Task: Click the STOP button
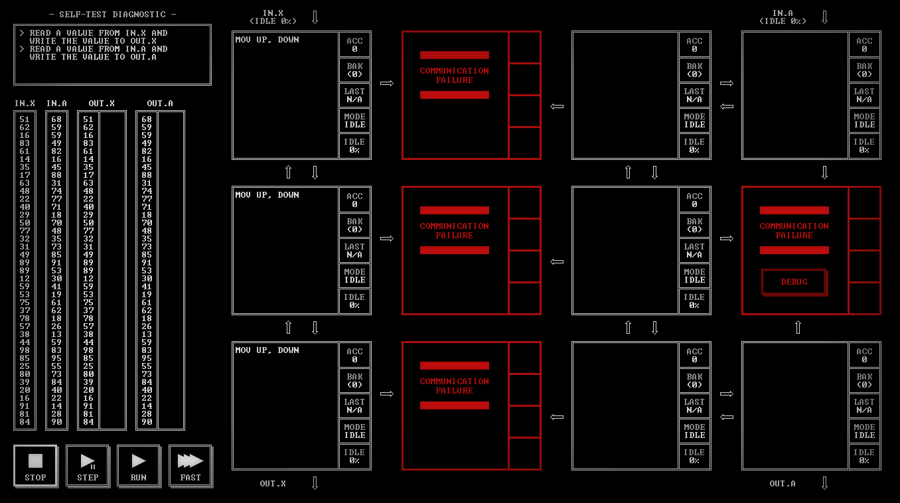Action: [x=35, y=465]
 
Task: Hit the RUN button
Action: [x=139, y=465]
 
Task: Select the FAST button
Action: [x=190, y=465]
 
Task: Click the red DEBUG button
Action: [x=794, y=282]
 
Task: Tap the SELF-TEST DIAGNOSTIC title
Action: [x=113, y=14]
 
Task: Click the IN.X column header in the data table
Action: [x=25, y=104]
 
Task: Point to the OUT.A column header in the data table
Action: [x=160, y=104]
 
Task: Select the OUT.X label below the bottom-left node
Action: [x=273, y=484]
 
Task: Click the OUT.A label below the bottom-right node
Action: [x=783, y=484]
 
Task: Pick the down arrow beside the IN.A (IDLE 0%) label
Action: [x=825, y=17]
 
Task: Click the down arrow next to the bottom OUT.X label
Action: [x=315, y=483]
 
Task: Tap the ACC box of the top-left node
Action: [x=355, y=44]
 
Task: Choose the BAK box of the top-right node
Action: [x=864, y=70]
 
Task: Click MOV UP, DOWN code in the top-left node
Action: [x=267, y=40]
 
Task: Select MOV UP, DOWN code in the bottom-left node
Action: [x=267, y=350]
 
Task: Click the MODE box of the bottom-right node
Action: [x=864, y=431]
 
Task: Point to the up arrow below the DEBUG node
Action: [x=798, y=327]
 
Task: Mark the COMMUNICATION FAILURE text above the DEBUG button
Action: [x=794, y=230]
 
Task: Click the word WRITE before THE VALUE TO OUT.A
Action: [x=42, y=57]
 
